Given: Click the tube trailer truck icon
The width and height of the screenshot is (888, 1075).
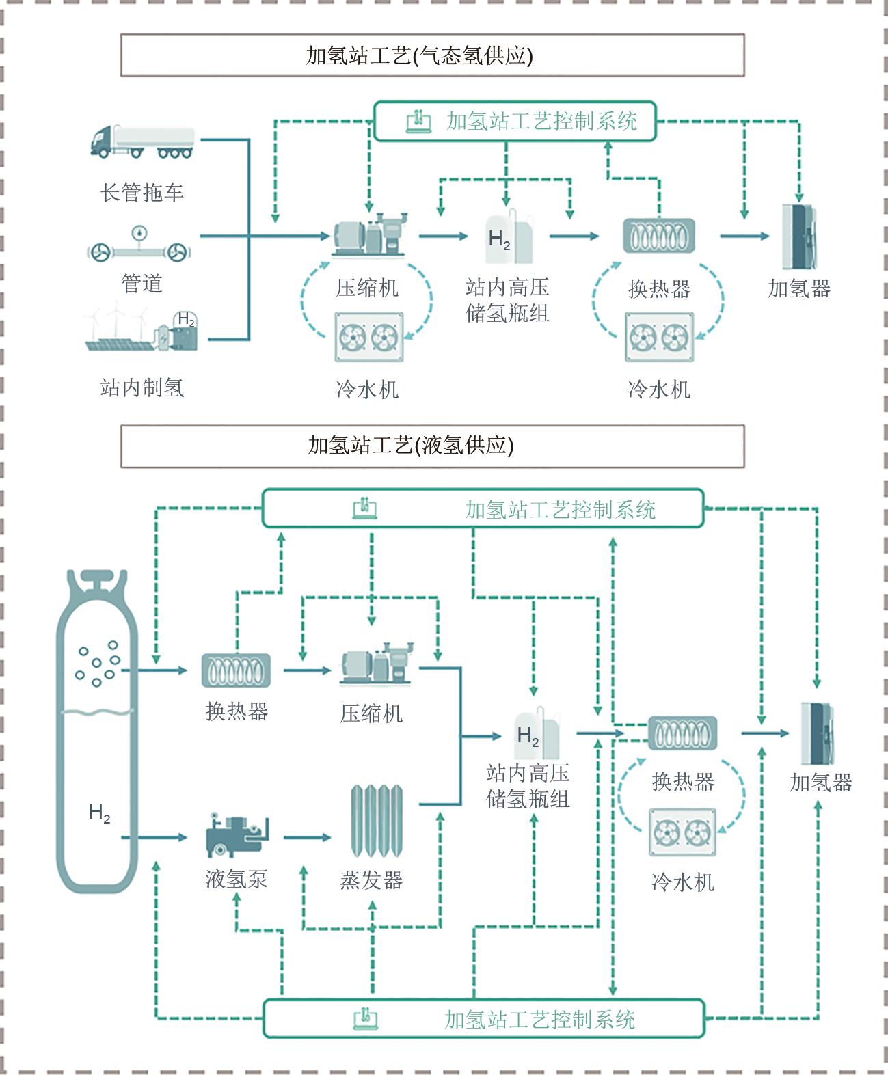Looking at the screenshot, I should pyautogui.click(x=142, y=142).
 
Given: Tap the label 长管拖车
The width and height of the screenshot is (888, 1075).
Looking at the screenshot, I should pyautogui.click(x=142, y=193).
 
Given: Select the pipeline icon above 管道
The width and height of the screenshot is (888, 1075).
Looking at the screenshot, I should pyautogui.click(x=139, y=247).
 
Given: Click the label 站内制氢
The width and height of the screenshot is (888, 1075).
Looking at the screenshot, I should pyautogui.click(x=142, y=388).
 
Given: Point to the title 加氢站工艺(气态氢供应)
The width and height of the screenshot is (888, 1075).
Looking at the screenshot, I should pyautogui.click(x=419, y=56).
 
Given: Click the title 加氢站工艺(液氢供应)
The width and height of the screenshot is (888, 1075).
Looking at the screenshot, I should pyautogui.click(x=411, y=446).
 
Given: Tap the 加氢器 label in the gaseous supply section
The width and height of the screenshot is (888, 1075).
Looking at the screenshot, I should pyautogui.click(x=799, y=288).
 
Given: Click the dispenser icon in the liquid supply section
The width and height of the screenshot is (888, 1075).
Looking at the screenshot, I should pyautogui.click(x=818, y=733).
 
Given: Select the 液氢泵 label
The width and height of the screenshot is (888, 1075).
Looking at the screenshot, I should pyautogui.click(x=237, y=879).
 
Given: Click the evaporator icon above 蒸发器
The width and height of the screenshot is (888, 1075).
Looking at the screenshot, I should pyautogui.click(x=376, y=821).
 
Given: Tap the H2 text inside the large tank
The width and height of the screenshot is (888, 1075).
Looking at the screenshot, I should pyautogui.click(x=100, y=813).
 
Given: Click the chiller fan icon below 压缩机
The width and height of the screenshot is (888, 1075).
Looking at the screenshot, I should pyautogui.click(x=369, y=337).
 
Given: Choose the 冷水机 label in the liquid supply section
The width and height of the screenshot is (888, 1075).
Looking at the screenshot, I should pyautogui.click(x=683, y=882).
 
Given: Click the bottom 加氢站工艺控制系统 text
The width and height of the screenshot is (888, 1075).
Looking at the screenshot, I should pyautogui.click(x=540, y=1020).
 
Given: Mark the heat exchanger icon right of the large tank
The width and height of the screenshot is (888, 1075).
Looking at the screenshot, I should pyautogui.click(x=236, y=670).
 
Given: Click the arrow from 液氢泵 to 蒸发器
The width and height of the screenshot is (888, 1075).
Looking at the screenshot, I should pyautogui.click(x=307, y=837).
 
